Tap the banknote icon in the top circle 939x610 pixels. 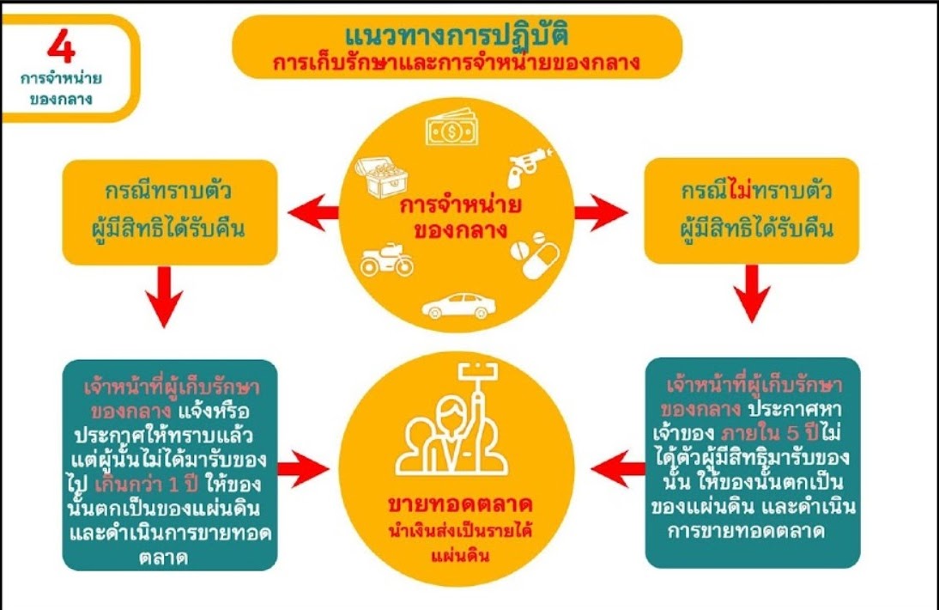click(453, 130)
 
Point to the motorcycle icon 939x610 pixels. click(379, 258)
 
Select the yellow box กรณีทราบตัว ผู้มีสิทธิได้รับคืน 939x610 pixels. click(170, 210)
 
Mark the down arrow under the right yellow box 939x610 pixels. click(751, 295)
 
